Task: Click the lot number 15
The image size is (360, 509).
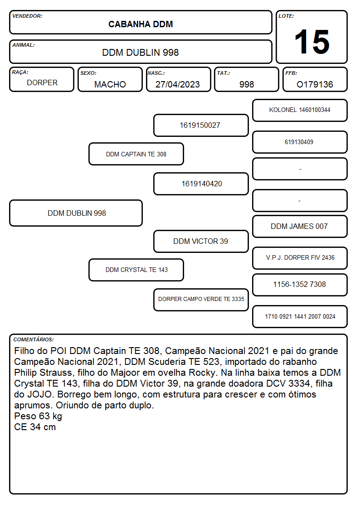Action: (312, 42)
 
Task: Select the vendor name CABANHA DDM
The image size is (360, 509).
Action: (141, 24)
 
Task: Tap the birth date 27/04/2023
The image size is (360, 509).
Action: (178, 84)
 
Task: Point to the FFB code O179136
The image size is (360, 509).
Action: (315, 84)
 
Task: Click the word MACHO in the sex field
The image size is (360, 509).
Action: (110, 84)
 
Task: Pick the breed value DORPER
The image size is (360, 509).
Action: (42, 83)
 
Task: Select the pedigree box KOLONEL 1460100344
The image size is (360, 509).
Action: (300, 111)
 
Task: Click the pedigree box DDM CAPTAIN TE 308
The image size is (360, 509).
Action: (136, 154)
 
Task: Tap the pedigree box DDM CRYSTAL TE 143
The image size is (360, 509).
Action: (136, 270)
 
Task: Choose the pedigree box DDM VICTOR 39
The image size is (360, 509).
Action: (201, 242)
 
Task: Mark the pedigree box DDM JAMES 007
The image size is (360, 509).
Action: (300, 227)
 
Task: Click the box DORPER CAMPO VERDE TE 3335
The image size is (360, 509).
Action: (201, 300)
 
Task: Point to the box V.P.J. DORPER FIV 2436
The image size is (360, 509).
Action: (300, 258)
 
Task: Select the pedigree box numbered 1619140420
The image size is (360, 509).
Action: (201, 184)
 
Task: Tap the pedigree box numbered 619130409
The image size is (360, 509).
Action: (300, 142)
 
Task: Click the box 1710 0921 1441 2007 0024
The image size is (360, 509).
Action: (300, 316)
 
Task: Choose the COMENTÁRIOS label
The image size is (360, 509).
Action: (34, 339)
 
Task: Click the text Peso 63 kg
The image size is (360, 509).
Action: (38, 416)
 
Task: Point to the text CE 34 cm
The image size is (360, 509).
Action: (35, 427)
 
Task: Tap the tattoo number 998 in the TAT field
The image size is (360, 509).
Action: (247, 84)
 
